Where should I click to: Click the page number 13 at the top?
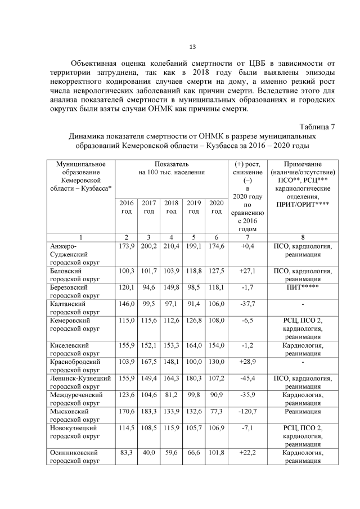pyautogui.click(x=192, y=47)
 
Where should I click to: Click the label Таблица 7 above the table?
pyautogui.click(x=317, y=126)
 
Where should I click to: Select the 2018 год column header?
pyautogui.click(x=171, y=206)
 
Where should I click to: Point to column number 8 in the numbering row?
pyautogui.click(x=303, y=237)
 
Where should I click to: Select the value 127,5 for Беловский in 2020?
pyautogui.click(x=215, y=271)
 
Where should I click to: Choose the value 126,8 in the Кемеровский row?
pyautogui.click(x=193, y=320)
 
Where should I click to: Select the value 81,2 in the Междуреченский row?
pyautogui.click(x=171, y=395)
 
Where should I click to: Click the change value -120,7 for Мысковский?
pyautogui.click(x=247, y=412)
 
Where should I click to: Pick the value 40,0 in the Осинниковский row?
pyautogui.click(x=148, y=453)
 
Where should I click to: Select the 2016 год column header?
pyautogui.click(x=127, y=206)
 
